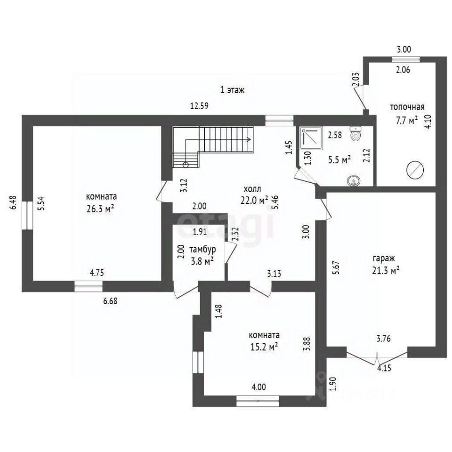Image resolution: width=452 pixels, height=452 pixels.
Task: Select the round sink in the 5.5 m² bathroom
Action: pyautogui.click(x=354, y=180)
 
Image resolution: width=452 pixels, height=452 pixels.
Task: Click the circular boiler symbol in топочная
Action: pyautogui.click(x=415, y=170)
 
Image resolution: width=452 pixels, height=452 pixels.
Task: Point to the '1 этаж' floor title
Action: pyautogui.click(x=232, y=90)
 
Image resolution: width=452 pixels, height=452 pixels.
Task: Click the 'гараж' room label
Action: pyautogui.click(x=383, y=259)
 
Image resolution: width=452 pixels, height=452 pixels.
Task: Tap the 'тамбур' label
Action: pyautogui.click(x=202, y=250)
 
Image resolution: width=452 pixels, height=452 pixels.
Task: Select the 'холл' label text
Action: pyautogui.click(x=252, y=189)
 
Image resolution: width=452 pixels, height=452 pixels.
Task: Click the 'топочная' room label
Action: pyautogui.click(x=407, y=107)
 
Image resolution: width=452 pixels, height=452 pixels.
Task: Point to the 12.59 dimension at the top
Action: pyautogui.click(x=199, y=106)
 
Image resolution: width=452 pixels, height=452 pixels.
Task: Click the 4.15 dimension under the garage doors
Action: pyautogui.click(x=384, y=368)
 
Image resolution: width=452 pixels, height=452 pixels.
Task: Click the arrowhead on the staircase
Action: pyautogui.click(x=249, y=139)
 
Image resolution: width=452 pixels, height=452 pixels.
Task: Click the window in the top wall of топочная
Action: pyautogui.click(x=406, y=59)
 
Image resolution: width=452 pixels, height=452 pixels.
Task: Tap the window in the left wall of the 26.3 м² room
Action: pyautogui.click(x=27, y=215)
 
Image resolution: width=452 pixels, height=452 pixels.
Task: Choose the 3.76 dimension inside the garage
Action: pyautogui.click(x=383, y=339)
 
